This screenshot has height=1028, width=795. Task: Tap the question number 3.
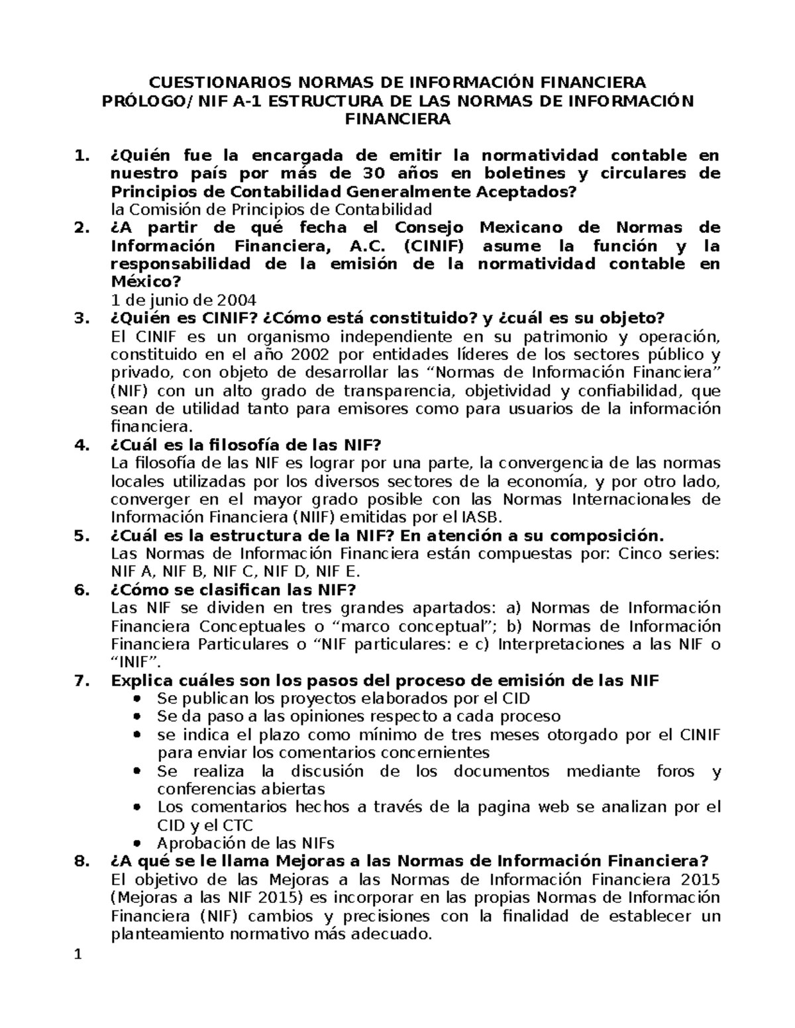pyautogui.click(x=81, y=318)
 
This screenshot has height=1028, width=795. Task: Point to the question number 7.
pyautogui.click(x=81, y=680)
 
